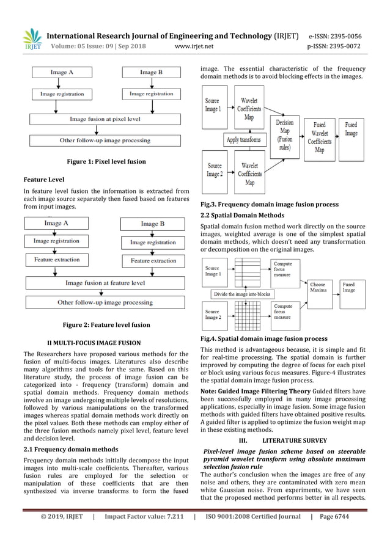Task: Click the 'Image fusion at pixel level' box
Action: click(105, 119)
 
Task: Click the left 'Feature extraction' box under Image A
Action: click(56, 260)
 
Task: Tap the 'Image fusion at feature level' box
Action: click(105, 283)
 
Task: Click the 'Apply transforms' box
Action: click(244, 140)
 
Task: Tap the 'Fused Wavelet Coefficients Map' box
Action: click(319, 137)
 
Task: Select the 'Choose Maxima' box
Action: click(318, 287)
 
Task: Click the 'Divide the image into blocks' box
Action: click(242, 294)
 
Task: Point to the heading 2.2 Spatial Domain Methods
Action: click(242, 216)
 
